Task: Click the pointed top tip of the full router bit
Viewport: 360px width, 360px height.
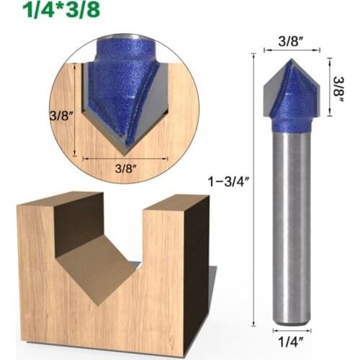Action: pos(289,61)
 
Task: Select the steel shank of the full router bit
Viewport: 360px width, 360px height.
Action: pos(291,223)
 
